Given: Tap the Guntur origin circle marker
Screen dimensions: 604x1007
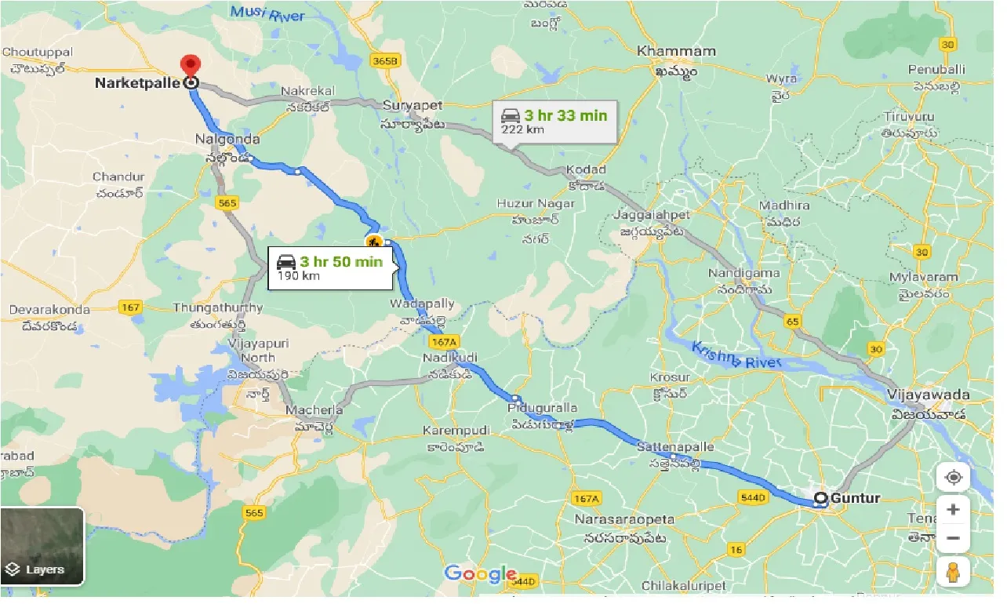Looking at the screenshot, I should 820,498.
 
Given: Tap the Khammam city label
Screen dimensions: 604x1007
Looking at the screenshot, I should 676,51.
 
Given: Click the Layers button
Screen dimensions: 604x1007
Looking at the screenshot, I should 42,546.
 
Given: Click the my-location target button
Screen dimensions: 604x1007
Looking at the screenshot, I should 953,478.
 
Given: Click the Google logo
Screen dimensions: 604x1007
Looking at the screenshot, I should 481,574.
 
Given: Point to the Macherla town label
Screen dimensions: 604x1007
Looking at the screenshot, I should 314,410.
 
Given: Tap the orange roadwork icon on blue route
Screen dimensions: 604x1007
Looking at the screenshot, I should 374,241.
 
